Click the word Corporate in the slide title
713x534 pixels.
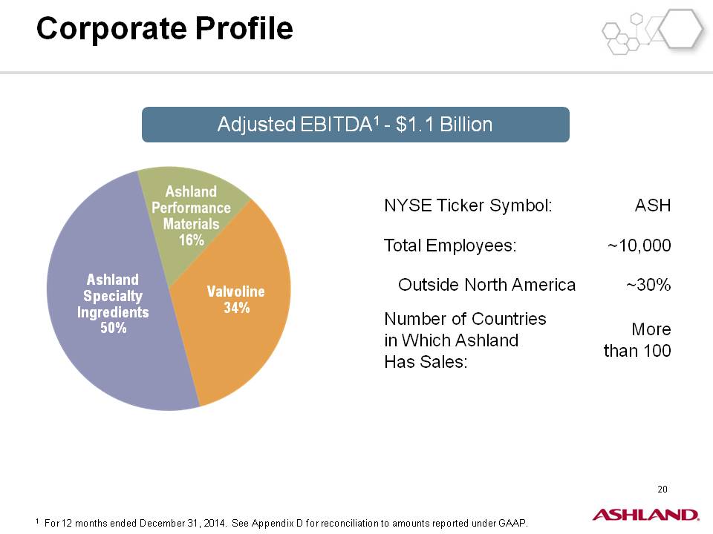coord(111,29)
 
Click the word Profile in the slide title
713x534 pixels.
coord(244,29)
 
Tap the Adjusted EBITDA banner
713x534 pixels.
coord(356,125)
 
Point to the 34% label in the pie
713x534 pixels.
coord(236,308)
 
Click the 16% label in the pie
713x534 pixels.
coord(192,240)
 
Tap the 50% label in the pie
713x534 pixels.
coord(113,328)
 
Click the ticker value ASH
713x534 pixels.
coord(653,205)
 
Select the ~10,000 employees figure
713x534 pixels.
coord(639,245)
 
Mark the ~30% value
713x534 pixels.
coord(648,285)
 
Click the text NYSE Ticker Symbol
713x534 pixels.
coord(469,205)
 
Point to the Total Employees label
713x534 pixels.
coord(451,245)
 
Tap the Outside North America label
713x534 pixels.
coord(487,285)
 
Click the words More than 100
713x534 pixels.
coord(637,340)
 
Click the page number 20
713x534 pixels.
coord(662,489)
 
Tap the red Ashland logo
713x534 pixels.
coord(645,515)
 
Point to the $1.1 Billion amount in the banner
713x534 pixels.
coord(444,125)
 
